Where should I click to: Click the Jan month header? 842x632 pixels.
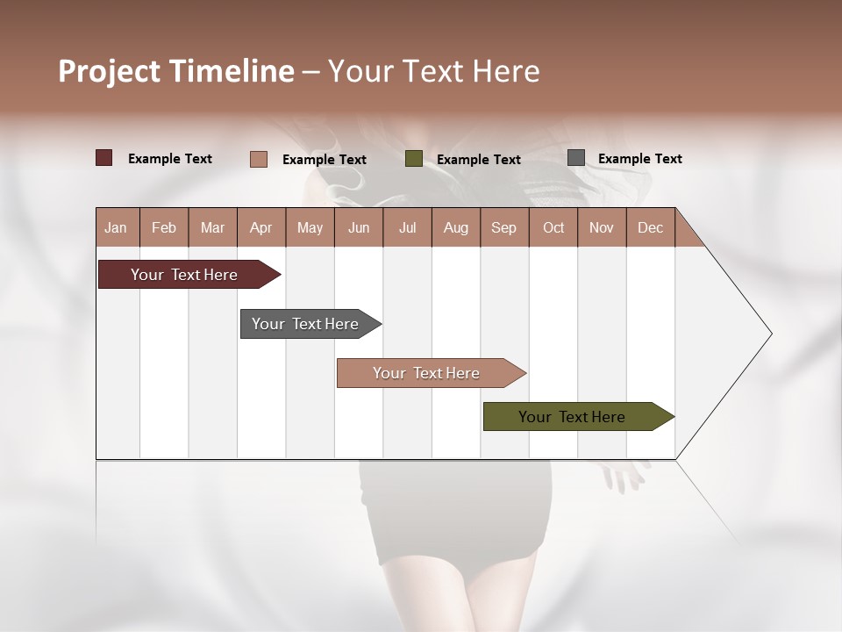[x=116, y=227]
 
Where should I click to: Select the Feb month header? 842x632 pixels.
[x=164, y=227]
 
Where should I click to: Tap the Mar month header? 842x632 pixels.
[x=212, y=227]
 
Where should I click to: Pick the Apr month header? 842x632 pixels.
[x=260, y=227]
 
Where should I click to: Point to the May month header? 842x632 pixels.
[x=310, y=227]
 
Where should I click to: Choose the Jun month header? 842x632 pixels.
[x=359, y=227]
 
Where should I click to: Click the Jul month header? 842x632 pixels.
[x=407, y=227]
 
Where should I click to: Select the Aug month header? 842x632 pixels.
[x=456, y=227]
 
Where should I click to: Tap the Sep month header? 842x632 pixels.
[x=504, y=227]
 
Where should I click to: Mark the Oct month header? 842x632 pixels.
[x=553, y=227]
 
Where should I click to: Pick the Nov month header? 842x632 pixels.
[x=602, y=227]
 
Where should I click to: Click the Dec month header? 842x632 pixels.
[x=651, y=227]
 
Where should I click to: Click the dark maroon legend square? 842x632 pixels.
[x=103, y=158]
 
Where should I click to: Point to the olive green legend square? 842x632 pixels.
[x=414, y=159]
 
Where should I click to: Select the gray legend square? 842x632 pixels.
[x=576, y=158]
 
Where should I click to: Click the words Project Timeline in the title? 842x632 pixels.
[x=175, y=71]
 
